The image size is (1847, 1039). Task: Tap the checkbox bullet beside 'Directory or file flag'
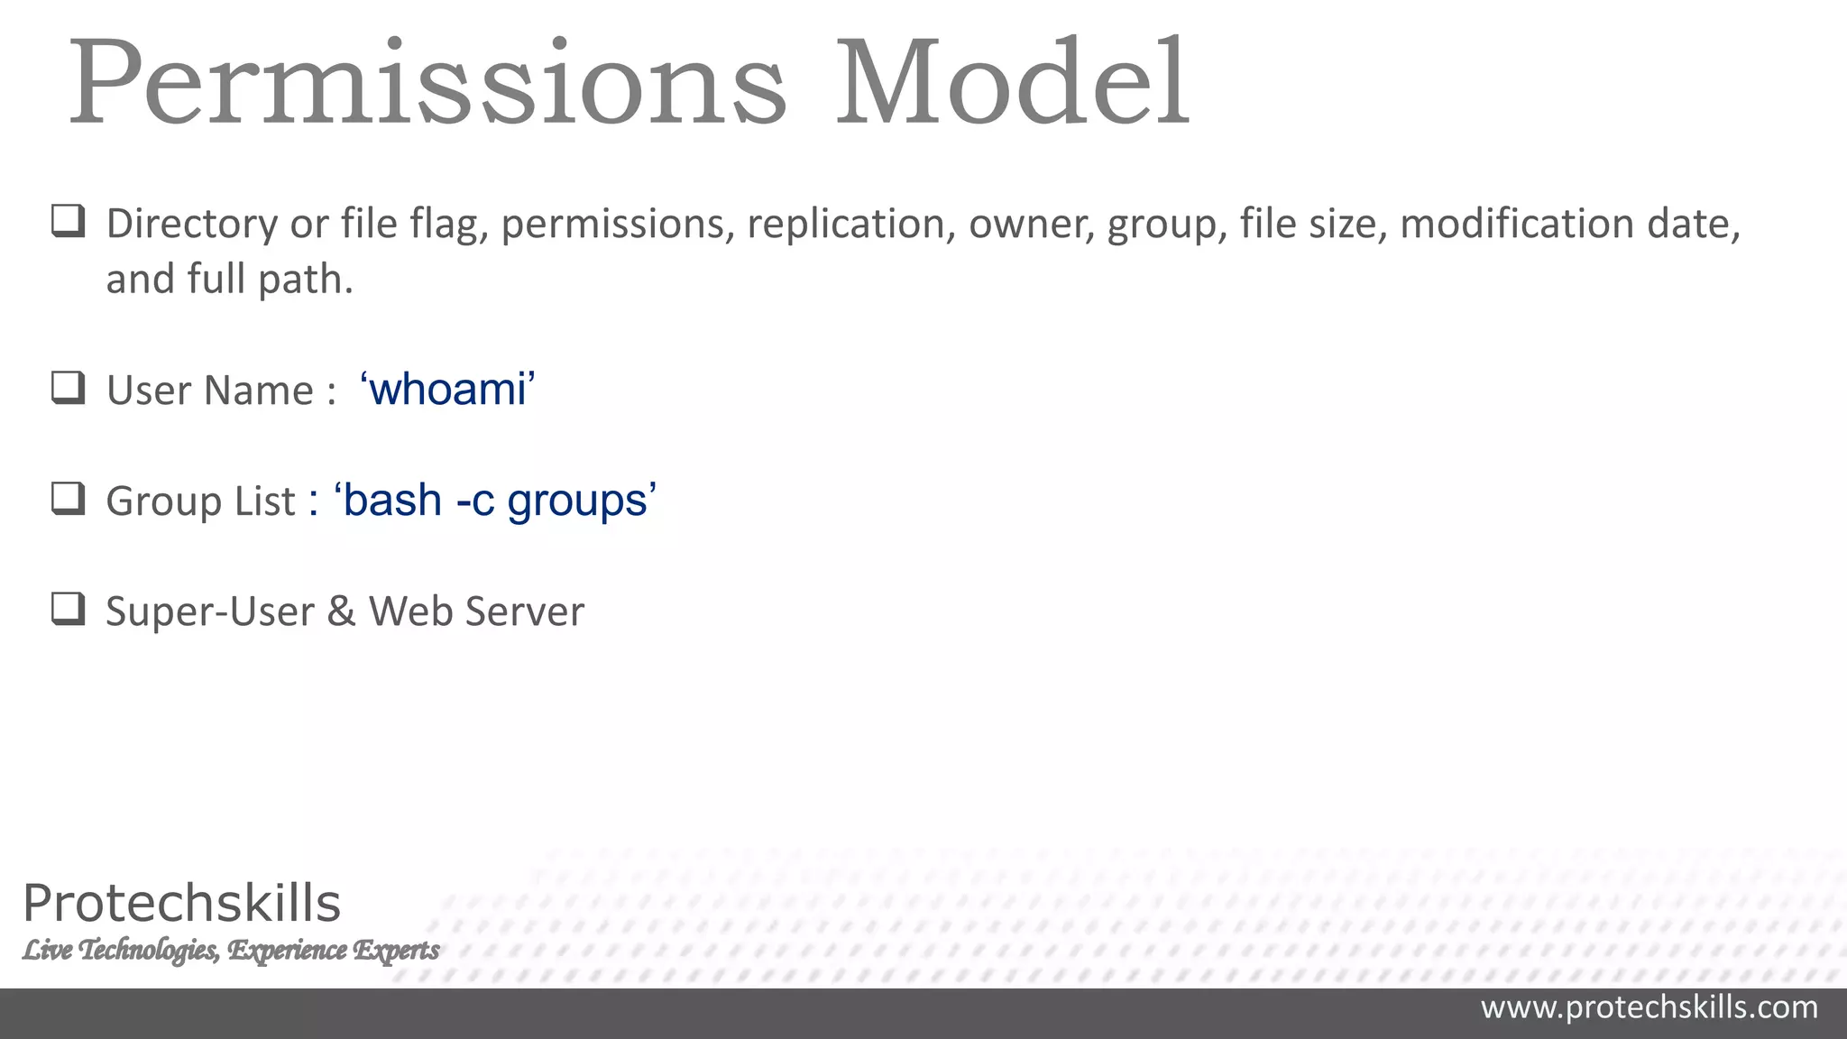click(x=68, y=221)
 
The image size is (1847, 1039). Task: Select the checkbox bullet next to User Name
click(x=68, y=388)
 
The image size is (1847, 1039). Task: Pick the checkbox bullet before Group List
click(x=68, y=499)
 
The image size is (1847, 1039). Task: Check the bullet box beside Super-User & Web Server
click(x=68, y=610)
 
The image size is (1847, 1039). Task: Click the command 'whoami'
click(x=447, y=390)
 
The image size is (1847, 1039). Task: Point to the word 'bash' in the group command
click(x=392, y=501)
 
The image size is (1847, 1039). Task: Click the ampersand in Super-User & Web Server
click(x=341, y=611)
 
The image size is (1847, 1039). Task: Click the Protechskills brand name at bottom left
click(x=181, y=903)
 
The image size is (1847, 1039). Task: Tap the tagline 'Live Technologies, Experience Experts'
click(x=231, y=950)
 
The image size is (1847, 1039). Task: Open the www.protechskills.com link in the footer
click(x=1649, y=1007)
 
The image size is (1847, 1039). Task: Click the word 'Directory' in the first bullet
click(x=192, y=225)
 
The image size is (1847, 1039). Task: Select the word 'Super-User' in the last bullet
click(x=209, y=611)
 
